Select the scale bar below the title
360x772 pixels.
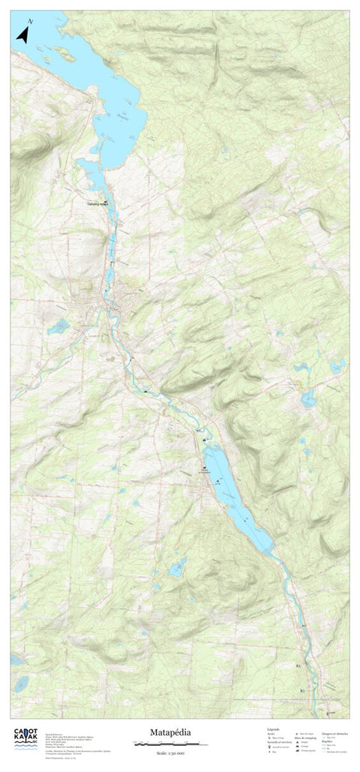coord(166,743)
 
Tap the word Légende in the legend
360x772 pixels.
coord(273,727)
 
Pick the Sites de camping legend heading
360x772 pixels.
coord(304,738)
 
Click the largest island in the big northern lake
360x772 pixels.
coord(65,55)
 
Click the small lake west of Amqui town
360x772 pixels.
coord(58,326)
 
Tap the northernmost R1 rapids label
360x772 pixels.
coord(298,665)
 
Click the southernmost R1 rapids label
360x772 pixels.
coord(302,690)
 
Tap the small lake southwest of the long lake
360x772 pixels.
coord(178,567)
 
